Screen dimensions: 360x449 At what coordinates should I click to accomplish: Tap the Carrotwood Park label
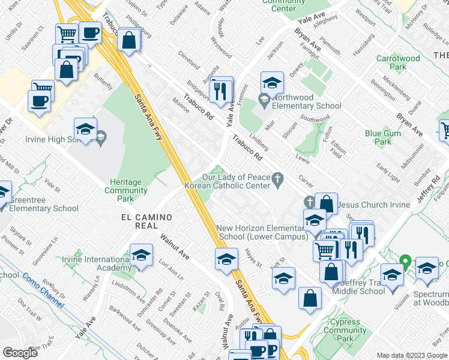[x=398, y=63]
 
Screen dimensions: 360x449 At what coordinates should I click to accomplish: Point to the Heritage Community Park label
[x=128, y=190]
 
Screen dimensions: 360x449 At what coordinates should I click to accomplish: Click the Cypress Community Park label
[x=344, y=331]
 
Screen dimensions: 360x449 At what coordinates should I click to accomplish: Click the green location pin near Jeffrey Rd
[x=405, y=263]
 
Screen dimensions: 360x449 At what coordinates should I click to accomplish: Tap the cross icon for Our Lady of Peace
[x=277, y=178]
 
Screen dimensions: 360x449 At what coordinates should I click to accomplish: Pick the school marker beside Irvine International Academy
[x=141, y=256]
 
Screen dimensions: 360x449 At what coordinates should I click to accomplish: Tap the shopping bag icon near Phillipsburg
[x=128, y=41]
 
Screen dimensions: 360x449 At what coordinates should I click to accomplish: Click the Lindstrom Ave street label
[x=128, y=291]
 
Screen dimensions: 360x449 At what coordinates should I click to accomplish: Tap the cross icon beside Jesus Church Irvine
[x=309, y=202]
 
